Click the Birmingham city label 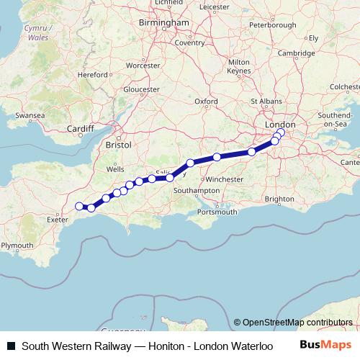pyautogui.click(x=170, y=22)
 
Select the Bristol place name pyautogui.click(x=118, y=145)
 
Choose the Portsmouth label pyautogui.click(x=217, y=212)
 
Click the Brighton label pyautogui.click(x=279, y=199)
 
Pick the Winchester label pyautogui.click(x=230, y=179)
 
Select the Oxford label pyautogui.click(x=206, y=102)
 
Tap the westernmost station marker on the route pyautogui.click(x=79, y=206)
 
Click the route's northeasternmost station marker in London pyautogui.click(x=281, y=132)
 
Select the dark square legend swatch pyautogui.click(x=11, y=346)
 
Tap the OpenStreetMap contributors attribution pyautogui.click(x=297, y=323)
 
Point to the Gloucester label pyautogui.click(x=141, y=89)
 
